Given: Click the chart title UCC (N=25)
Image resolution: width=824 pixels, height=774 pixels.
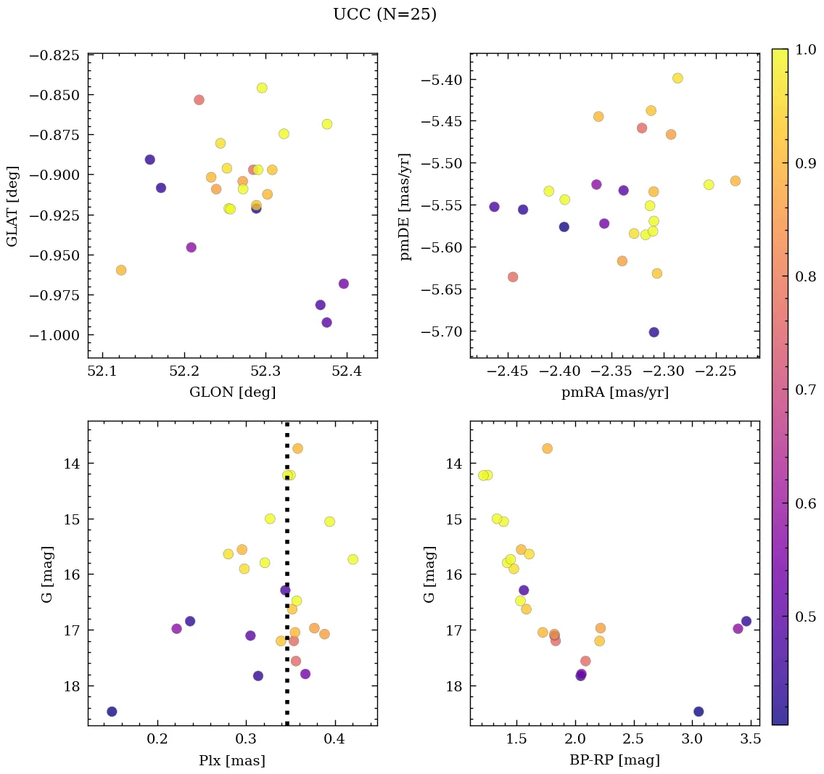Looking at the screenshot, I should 384,15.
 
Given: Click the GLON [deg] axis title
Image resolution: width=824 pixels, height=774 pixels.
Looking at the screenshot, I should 232,392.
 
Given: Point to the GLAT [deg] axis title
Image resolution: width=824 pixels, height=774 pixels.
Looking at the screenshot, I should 13,206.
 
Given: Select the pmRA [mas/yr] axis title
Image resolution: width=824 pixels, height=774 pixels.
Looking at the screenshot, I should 615,392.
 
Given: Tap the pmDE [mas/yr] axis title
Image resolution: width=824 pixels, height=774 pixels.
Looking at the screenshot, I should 405,206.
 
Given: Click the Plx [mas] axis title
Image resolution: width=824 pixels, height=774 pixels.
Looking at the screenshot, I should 232,760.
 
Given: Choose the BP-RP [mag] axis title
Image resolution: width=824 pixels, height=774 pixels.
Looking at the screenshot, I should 615,760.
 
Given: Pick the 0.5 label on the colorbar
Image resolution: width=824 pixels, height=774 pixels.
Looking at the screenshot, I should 805,616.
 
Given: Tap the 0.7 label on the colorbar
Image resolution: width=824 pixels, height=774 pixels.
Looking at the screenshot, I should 805,390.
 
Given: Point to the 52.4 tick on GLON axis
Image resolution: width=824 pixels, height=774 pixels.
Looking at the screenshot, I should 347,371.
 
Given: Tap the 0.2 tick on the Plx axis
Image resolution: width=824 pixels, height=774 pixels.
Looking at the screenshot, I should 157,739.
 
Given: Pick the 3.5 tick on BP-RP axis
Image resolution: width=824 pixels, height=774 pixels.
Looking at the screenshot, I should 751,739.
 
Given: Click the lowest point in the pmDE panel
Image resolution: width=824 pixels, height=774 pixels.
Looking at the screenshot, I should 654,332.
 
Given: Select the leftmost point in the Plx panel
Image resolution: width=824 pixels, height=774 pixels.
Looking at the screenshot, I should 112,711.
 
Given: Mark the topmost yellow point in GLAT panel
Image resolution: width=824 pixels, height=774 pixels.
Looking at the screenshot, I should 262,88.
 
